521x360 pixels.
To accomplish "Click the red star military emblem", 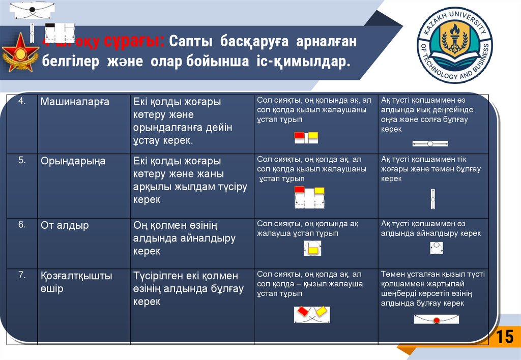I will pyautogui.click(x=20, y=53).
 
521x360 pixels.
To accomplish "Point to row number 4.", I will pyautogui.click(x=22, y=101).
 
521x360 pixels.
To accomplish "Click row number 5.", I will pyautogui.click(x=22, y=160).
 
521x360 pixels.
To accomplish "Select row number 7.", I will pyautogui.click(x=22, y=276).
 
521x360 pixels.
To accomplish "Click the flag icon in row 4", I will pyautogui.click(x=306, y=136).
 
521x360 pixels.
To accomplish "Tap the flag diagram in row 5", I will pyautogui.click(x=309, y=198).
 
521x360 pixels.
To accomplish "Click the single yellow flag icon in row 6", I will pyautogui.click(x=312, y=249).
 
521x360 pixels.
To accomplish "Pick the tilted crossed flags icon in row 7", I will pyautogui.click(x=312, y=314).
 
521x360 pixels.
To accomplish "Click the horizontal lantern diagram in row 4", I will pyautogui.click(x=430, y=143).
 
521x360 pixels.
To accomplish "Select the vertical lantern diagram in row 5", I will pyautogui.click(x=432, y=200).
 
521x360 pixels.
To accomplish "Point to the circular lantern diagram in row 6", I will pyautogui.click(x=436, y=248).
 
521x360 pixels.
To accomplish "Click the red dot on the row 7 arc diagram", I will pyautogui.click(x=436, y=320).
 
